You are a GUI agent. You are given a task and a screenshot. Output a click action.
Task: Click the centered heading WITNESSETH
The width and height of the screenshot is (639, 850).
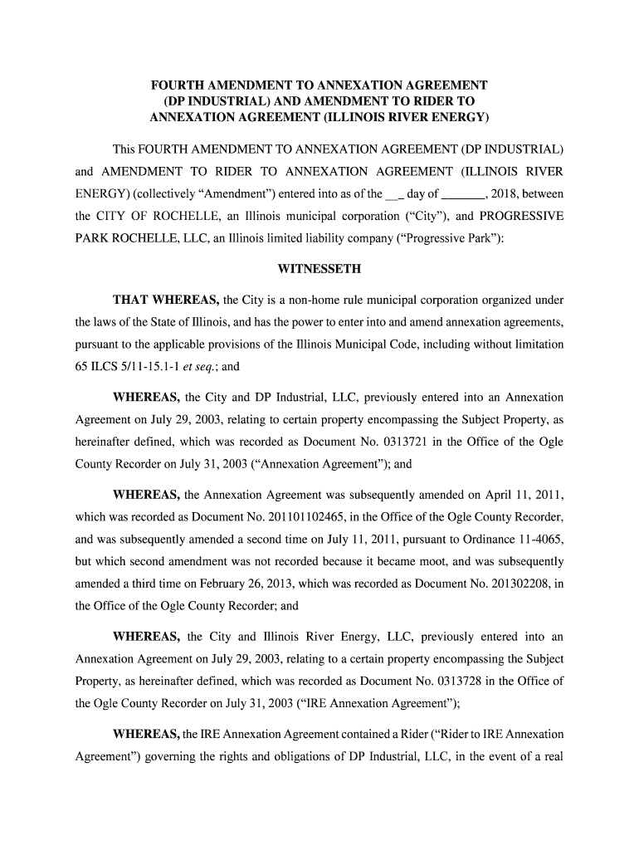pos(319,269)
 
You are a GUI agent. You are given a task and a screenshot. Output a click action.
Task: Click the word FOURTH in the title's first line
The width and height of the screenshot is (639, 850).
pos(177,85)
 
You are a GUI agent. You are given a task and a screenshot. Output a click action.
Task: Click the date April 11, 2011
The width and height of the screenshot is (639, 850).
pos(520,496)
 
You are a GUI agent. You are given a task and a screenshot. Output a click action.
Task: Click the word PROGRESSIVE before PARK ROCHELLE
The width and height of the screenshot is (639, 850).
pos(522,216)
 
